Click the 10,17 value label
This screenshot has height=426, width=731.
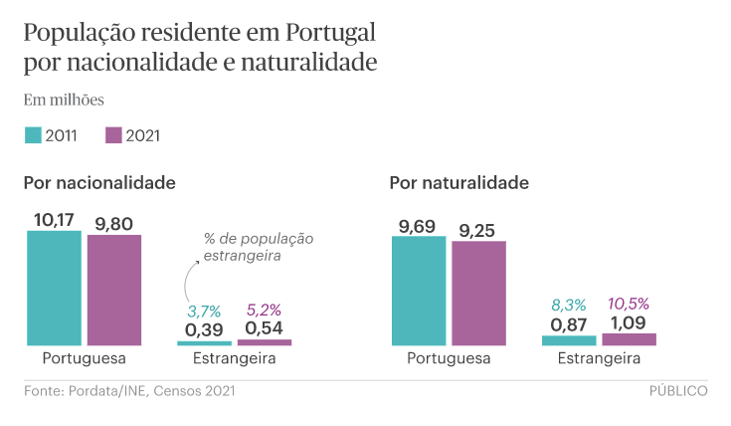tap(54, 219)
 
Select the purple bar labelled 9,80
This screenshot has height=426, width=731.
tap(113, 290)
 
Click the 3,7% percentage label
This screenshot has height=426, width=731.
tap(204, 311)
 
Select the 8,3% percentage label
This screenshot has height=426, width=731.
tap(568, 305)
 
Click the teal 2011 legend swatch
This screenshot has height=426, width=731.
tap(33, 135)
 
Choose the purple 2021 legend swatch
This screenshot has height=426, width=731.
tap(112, 135)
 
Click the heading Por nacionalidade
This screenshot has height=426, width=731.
tap(99, 183)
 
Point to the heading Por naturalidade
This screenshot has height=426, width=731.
tap(459, 183)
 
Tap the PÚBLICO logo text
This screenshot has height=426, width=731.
tap(678, 391)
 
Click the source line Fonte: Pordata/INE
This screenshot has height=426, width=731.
tap(129, 391)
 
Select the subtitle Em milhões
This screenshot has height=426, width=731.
tap(64, 100)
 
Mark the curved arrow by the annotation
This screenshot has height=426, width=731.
tap(187, 279)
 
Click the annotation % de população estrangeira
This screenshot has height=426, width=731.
tap(258, 247)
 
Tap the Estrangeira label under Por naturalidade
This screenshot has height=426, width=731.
tap(598, 358)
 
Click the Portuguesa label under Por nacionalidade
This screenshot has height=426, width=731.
tap(85, 358)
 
